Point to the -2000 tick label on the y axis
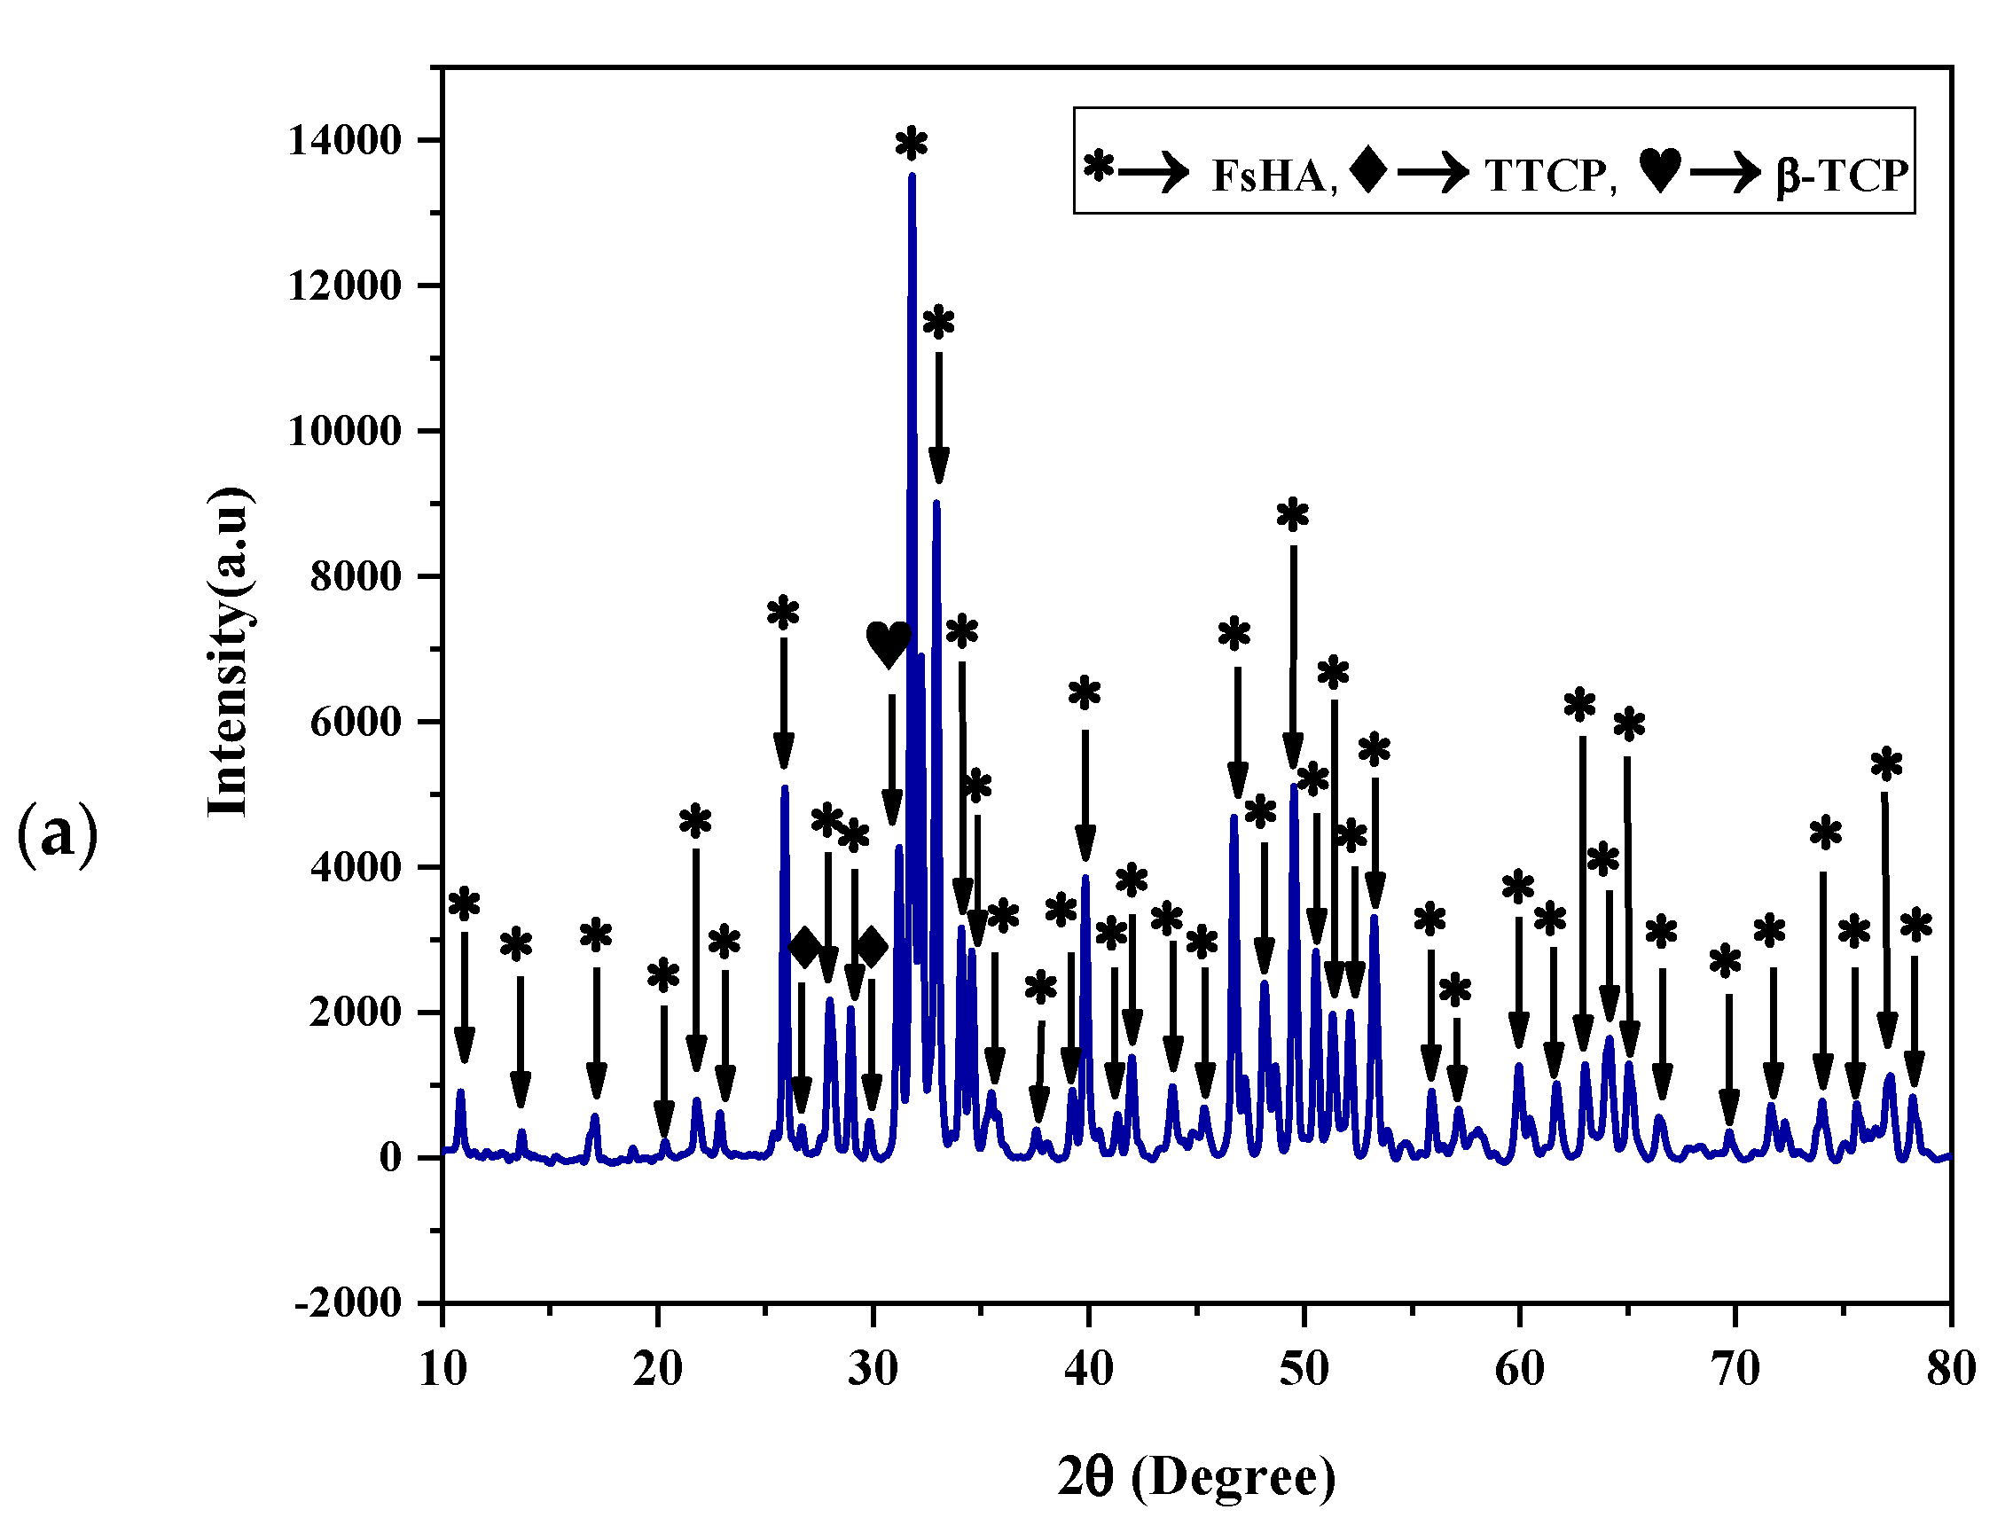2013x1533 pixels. pos(348,1303)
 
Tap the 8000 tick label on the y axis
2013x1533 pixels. pos(355,577)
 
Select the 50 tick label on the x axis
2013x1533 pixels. pos(1303,1369)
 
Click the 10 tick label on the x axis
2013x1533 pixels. pos(443,1369)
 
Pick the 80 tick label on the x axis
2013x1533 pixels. pos(1951,1369)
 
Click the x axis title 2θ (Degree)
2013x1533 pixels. pos(1196,1476)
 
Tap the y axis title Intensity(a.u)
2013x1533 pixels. pos(228,652)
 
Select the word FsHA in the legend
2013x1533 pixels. pos(1268,176)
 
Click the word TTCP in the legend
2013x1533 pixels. pos(1545,176)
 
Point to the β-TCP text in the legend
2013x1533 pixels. pos(1842,176)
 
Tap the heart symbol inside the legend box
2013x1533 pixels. pos(1659,169)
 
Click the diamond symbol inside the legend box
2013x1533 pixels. pos(1367,169)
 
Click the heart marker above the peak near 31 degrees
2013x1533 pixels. pos(888,645)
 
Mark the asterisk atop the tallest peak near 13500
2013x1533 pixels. pos(912,145)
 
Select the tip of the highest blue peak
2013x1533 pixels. pos(912,176)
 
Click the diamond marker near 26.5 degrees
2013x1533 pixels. pos(805,947)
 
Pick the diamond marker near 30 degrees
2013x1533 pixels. pos(872,947)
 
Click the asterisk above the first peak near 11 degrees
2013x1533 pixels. pos(465,904)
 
